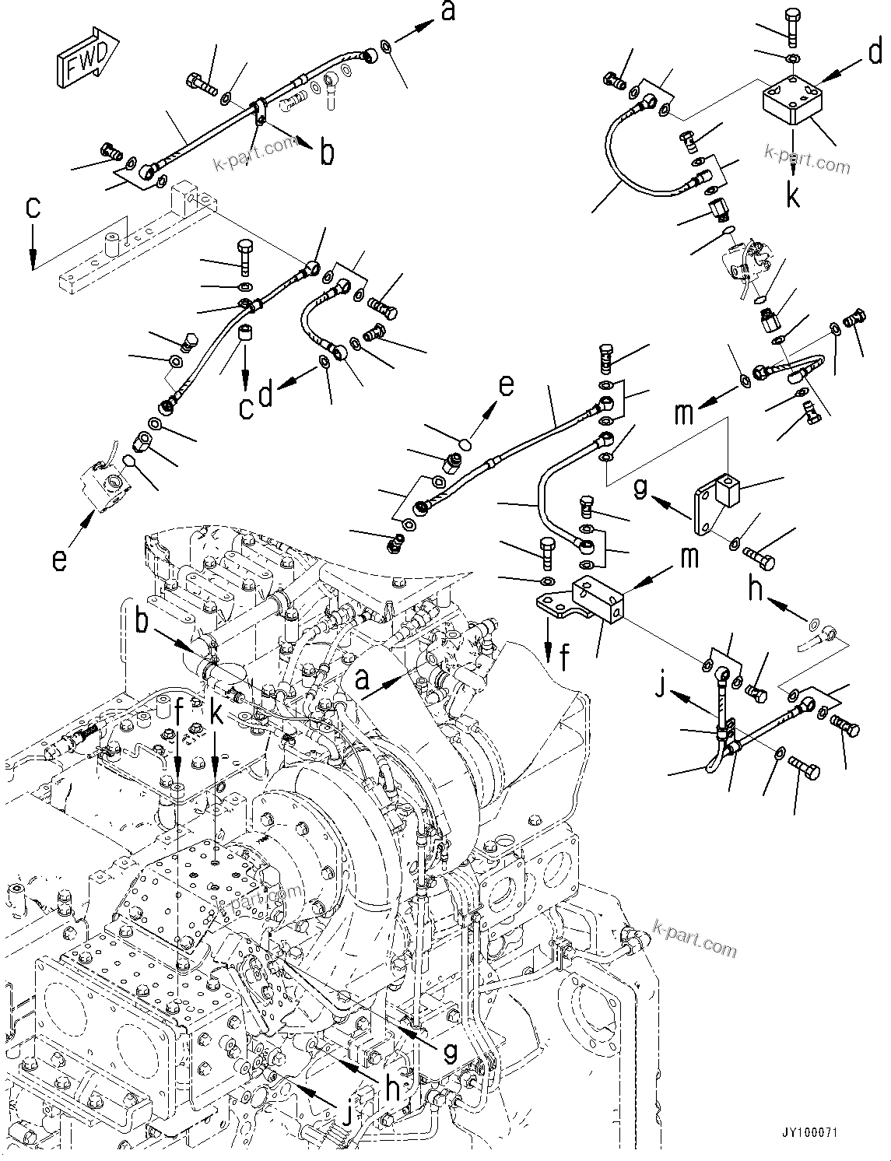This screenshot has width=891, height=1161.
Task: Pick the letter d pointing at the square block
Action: tap(875, 54)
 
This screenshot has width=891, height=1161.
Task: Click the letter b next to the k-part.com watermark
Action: tap(328, 153)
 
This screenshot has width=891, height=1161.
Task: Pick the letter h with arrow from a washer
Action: tap(755, 589)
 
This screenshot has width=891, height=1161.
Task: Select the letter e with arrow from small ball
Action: tap(506, 386)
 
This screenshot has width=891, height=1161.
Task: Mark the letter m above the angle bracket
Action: tap(682, 412)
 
